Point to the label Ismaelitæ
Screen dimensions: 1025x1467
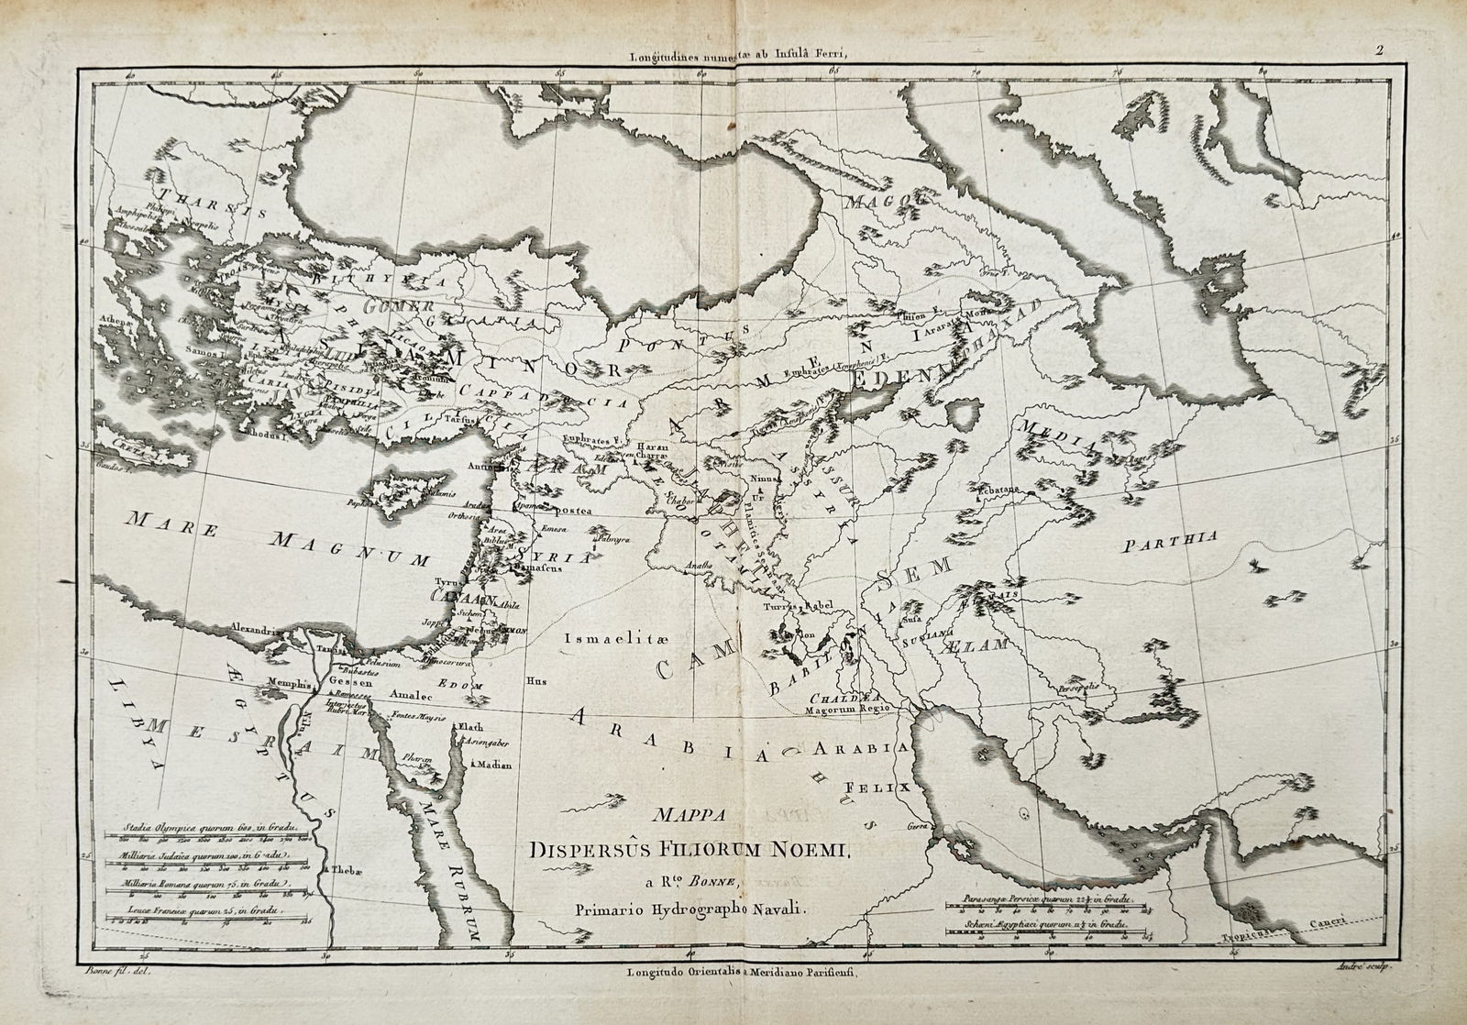click(x=604, y=638)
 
